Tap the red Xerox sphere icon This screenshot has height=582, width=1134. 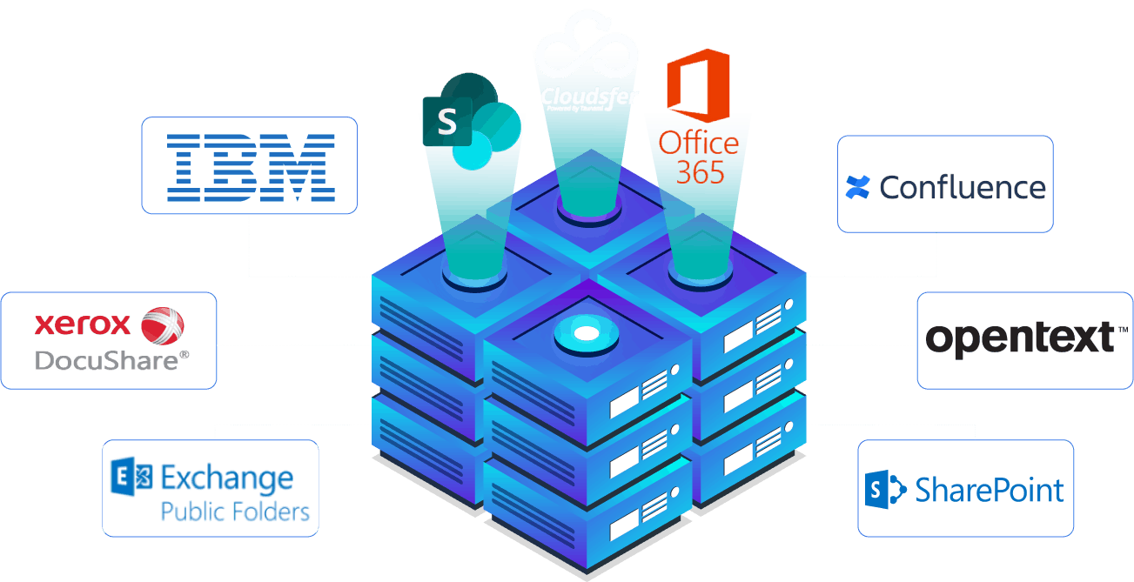pos(163,327)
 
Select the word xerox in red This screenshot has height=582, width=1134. pos(82,325)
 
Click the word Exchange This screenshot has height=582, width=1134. pos(227,478)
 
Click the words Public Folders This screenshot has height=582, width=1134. pos(235,511)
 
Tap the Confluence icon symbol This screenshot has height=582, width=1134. pos(858,187)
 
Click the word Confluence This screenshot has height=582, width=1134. pos(963,187)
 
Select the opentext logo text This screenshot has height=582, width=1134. pos(1019,338)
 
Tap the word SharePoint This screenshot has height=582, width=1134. pos(990,490)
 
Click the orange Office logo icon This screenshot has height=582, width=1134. pos(696,86)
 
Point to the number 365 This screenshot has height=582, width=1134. pos(701,172)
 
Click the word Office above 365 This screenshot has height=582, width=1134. pos(699,143)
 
